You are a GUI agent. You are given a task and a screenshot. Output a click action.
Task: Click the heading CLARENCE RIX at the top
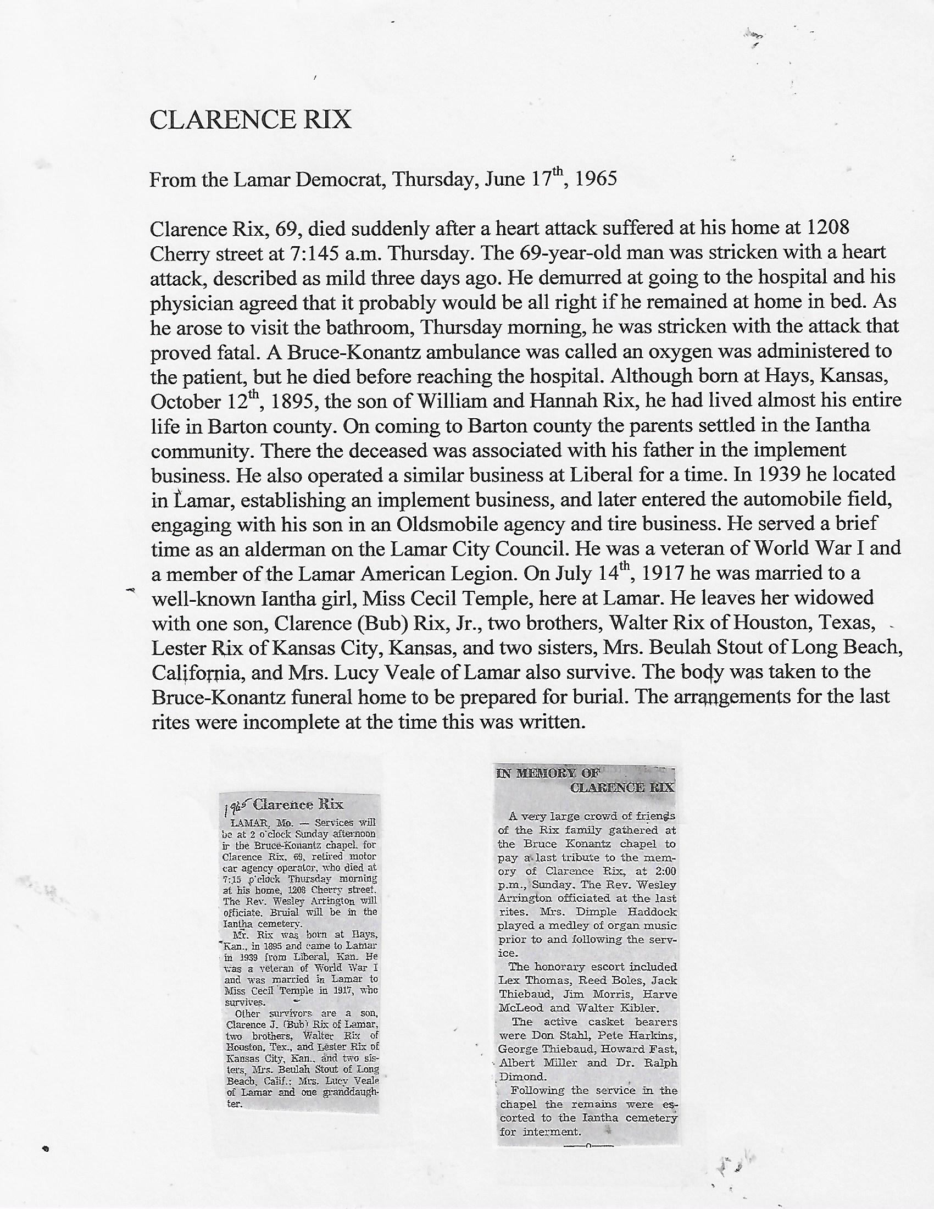tap(250, 120)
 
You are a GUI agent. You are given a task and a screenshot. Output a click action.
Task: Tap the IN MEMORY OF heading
tap(545, 774)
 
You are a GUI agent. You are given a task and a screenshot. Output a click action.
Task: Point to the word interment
tap(548, 1132)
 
